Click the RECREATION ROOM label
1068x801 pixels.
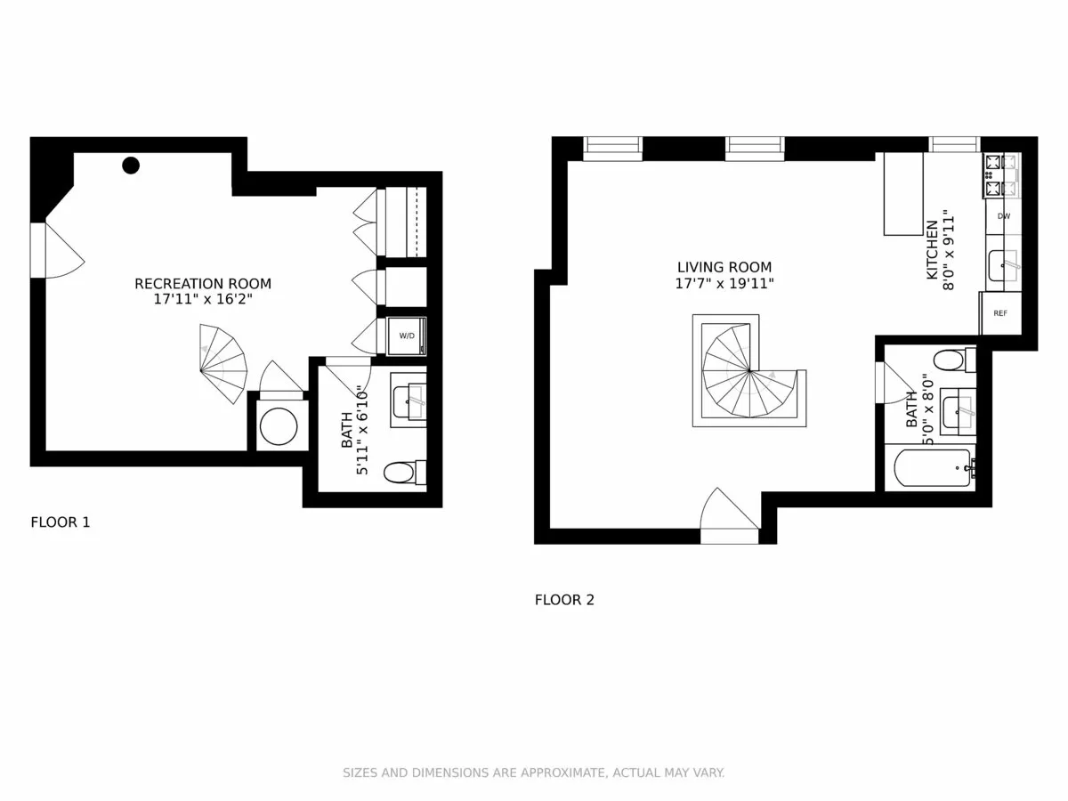click(x=203, y=284)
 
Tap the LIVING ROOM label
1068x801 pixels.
click(x=724, y=267)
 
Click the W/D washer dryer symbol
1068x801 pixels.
click(x=407, y=336)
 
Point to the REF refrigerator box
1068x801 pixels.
click(x=1000, y=313)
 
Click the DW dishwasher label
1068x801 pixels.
click(x=1003, y=216)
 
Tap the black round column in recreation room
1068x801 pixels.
click(x=131, y=165)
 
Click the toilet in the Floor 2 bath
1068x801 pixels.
click(x=950, y=360)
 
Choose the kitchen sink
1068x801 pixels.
click(x=1003, y=265)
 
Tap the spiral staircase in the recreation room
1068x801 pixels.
click(x=223, y=364)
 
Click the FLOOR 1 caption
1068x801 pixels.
click(x=61, y=522)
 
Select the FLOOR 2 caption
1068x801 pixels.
click(x=564, y=600)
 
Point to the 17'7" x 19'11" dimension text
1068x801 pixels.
click(x=724, y=284)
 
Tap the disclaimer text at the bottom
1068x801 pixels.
click(x=534, y=773)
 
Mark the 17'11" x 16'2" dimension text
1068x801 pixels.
click(x=203, y=300)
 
